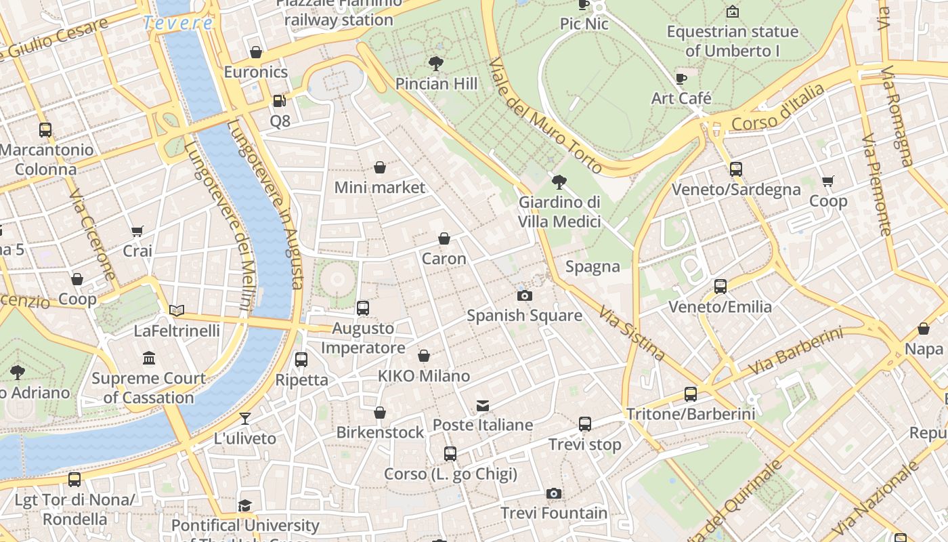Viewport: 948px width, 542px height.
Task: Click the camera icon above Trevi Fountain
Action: pyautogui.click(x=554, y=493)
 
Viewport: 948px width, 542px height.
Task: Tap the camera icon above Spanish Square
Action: pyautogui.click(x=524, y=295)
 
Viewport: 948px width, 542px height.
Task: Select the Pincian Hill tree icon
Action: pyautogui.click(x=436, y=64)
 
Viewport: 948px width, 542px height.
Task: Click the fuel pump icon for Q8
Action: pyautogui.click(x=278, y=101)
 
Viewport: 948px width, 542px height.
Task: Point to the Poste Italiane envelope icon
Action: pyautogui.click(x=483, y=406)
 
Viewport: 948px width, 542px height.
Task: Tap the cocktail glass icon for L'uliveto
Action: pyautogui.click(x=244, y=419)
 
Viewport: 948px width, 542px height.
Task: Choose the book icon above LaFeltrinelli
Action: pyautogui.click(x=177, y=310)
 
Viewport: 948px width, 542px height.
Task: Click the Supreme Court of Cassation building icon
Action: pyautogui.click(x=149, y=358)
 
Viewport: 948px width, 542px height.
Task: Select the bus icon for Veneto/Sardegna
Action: pyautogui.click(x=735, y=169)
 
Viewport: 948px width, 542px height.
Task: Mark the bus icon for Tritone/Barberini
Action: pyautogui.click(x=690, y=394)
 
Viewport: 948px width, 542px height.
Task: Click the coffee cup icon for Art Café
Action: pyautogui.click(x=681, y=79)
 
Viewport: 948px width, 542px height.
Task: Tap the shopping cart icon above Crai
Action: pyautogui.click(x=137, y=231)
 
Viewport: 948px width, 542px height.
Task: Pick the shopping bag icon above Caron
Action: pyautogui.click(x=444, y=238)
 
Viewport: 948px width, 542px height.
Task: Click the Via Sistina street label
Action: pyautogui.click(x=631, y=332)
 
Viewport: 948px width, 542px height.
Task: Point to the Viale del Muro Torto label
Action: pyautogui.click(x=544, y=115)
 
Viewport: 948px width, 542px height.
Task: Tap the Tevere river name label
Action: pyautogui.click(x=179, y=23)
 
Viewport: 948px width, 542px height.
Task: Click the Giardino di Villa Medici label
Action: pyautogui.click(x=559, y=211)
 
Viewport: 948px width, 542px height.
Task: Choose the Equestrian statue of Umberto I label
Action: pyautogui.click(x=732, y=41)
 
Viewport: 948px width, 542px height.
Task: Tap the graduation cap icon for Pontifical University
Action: pyautogui.click(x=244, y=506)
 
